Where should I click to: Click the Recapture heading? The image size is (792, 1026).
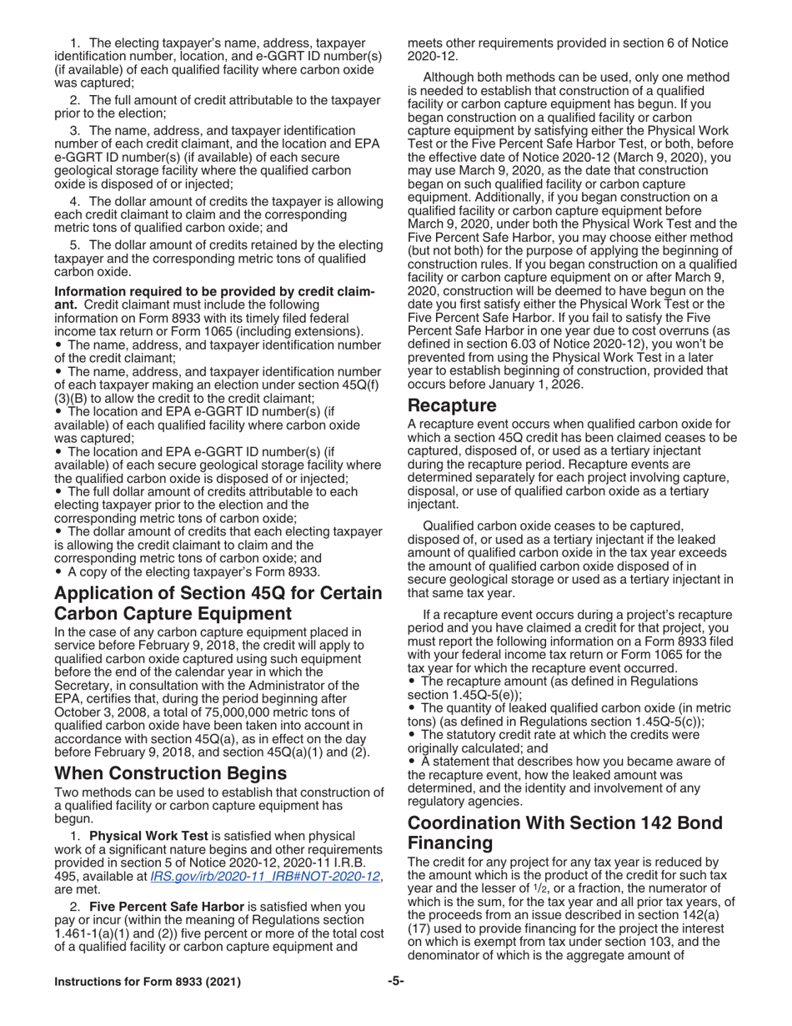[x=452, y=406]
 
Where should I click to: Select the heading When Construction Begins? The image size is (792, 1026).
[x=171, y=773]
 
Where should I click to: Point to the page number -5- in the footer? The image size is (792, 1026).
[x=395, y=982]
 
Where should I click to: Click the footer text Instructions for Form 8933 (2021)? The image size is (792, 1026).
[x=148, y=983]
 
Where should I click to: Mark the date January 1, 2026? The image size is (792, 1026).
[x=543, y=385]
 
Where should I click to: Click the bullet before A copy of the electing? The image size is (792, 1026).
[x=59, y=571]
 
